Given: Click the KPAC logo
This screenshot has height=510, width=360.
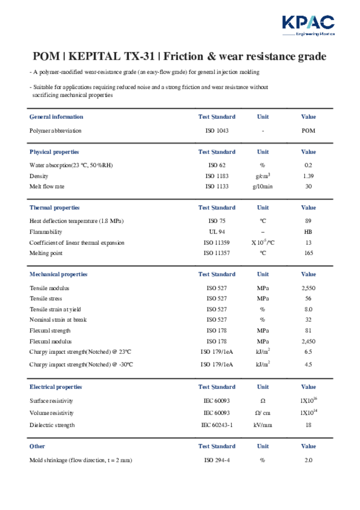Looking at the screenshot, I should coord(308,25).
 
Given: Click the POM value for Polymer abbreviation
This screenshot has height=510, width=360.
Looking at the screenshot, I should coord(308,131).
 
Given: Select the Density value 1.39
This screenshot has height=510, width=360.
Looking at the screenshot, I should coord(308,176).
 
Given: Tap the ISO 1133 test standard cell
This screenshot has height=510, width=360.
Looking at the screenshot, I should coord(217,186).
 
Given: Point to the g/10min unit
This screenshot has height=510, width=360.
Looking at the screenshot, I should coord(263,186).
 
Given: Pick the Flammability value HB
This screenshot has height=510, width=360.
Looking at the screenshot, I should coord(308,232).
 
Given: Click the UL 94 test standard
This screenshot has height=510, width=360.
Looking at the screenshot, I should coord(217,232).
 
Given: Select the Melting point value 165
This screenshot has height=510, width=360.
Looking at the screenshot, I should coord(308,253).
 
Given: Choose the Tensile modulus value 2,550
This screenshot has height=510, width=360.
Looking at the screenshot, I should coord(308,288).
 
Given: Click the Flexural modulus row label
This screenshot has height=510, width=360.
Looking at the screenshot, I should coord(51,341).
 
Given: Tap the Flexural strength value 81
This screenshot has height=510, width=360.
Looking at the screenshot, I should coord(308,330).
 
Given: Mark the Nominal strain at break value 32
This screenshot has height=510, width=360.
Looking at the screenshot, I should coord(308,320).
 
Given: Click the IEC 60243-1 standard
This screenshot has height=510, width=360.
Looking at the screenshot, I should coord(217,425).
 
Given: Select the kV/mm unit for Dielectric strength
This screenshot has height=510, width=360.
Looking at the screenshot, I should coord(263,425).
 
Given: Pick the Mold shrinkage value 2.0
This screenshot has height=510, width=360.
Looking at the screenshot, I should coord(308,460).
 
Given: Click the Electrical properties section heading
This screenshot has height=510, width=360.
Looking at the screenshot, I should coord(56,387).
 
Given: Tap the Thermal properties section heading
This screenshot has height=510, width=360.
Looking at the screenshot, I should coord(54,208).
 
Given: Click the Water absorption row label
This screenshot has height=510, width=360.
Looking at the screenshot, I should coord(71,165).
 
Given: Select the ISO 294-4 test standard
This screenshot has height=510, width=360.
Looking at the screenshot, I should coord(217,460).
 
